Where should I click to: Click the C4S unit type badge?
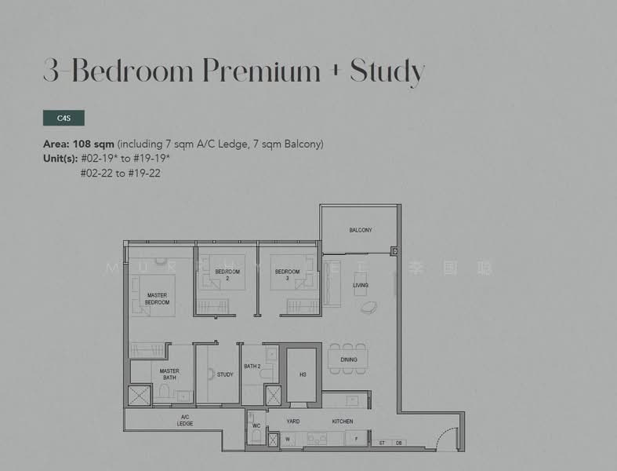64,118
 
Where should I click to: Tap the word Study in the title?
387,71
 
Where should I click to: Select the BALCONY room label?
361,230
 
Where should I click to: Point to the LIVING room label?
361,285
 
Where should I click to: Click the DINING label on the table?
349,360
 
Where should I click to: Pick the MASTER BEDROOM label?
157,299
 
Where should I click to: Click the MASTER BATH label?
169,374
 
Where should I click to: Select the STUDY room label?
225,374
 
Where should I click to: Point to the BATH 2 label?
252,367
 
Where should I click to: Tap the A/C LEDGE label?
185,420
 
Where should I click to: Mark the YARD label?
292,422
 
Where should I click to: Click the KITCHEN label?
342,422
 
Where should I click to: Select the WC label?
256,427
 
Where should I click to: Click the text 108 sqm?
93,144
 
